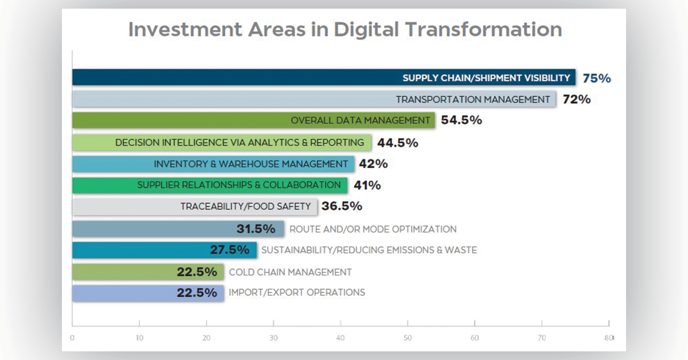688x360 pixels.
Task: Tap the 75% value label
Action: (x=597, y=79)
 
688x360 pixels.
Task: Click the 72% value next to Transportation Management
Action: (x=576, y=99)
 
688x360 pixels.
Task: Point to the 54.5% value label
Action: (x=461, y=120)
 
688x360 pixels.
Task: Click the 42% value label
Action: (x=373, y=164)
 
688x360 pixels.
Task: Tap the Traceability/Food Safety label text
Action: (x=245, y=206)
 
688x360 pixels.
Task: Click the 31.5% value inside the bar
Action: (x=256, y=229)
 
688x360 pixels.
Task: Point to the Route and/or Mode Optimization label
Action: (x=373, y=229)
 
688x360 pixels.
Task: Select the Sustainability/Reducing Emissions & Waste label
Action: (x=369, y=250)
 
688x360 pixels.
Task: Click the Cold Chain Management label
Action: (x=290, y=272)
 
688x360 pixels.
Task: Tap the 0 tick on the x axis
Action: (x=72, y=338)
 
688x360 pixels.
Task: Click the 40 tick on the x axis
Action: (x=341, y=338)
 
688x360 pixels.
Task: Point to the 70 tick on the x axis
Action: (x=541, y=338)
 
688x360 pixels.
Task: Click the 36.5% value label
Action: (x=342, y=206)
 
